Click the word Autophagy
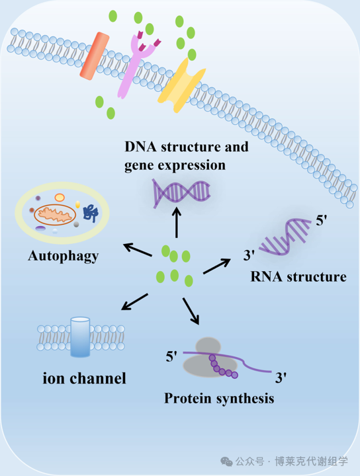click(x=63, y=257)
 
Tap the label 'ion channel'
click(x=84, y=378)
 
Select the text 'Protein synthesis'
click(x=219, y=398)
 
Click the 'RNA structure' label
click(x=298, y=276)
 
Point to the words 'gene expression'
click(x=175, y=166)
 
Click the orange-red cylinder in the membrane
click(x=95, y=56)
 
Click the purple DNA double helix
click(x=181, y=192)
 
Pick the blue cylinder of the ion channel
click(x=80, y=337)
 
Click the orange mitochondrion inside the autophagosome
click(x=55, y=215)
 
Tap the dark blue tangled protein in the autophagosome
click(x=91, y=213)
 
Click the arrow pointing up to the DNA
click(x=177, y=222)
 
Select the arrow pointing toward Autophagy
click(x=138, y=249)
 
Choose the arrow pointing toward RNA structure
click(x=217, y=266)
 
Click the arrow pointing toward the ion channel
click(x=134, y=301)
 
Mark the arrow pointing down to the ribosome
click(x=191, y=311)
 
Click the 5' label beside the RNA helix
click(x=322, y=220)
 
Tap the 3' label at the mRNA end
click(x=281, y=378)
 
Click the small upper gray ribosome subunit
click(x=208, y=346)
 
